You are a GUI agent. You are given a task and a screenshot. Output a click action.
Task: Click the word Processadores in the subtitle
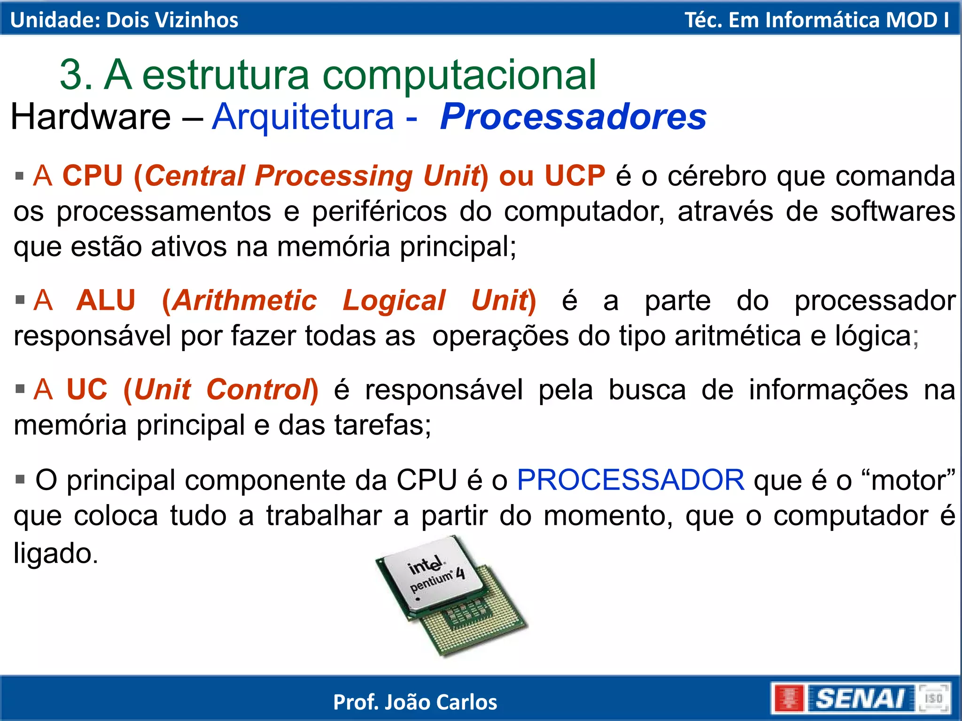point(573,117)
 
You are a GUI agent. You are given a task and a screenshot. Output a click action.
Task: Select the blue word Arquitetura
point(303,117)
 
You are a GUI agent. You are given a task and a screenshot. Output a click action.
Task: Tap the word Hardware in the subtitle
point(91,117)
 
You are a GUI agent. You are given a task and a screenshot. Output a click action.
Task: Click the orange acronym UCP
point(574,176)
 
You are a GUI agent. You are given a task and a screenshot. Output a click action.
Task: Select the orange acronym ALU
point(106,300)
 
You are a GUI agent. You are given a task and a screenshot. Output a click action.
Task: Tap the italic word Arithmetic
point(245,300)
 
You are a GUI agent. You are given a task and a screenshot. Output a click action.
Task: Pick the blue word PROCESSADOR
point(630,480)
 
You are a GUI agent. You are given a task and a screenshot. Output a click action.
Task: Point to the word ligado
point(55,553)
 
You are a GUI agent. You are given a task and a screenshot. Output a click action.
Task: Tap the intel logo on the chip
point(426,566)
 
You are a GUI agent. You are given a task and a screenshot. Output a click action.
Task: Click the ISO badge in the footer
point(934,698)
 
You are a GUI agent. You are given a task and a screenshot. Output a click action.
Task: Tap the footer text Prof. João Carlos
point(415,702)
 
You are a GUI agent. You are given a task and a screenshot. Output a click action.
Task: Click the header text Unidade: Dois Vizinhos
point(124,20)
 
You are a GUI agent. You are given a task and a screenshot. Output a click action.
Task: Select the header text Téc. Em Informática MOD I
point(816,20)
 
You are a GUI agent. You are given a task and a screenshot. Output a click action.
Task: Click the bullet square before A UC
point(20,389)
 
